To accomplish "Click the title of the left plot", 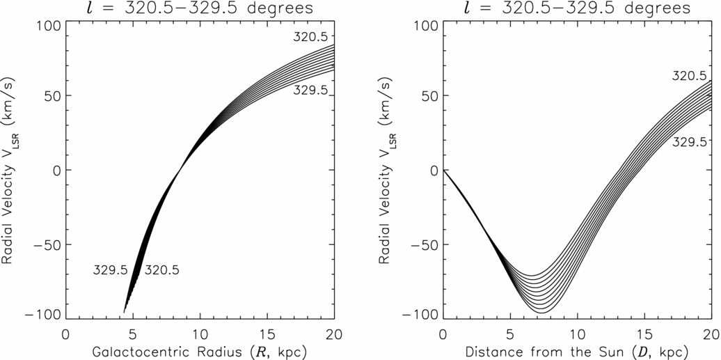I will click(200, 9).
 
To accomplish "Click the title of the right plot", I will click(577, 9).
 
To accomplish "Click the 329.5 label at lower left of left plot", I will click(110, 270).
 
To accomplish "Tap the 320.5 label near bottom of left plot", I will click(161, 270).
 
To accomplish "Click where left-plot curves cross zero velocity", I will click(180, 169).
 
